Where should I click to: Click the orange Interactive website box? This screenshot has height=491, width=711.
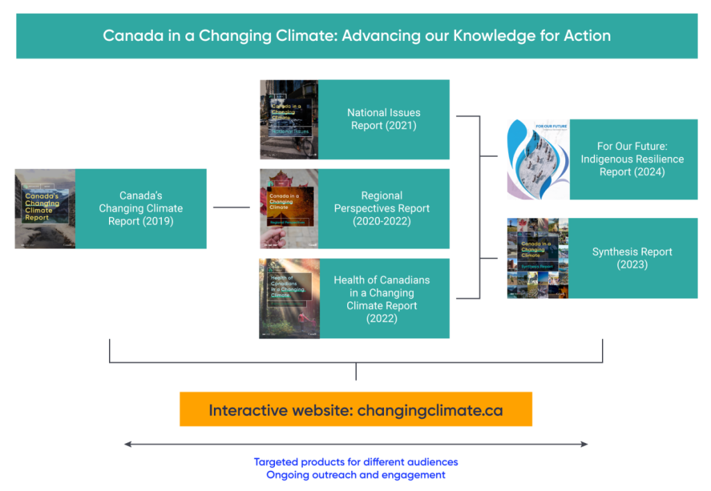tap(355, 409)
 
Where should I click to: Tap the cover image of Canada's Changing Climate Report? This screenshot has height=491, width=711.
tap(45, 208)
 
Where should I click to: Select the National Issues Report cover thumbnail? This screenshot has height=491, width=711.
tap(289, 119)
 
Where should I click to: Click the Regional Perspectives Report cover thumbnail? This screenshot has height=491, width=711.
tap(289, 208)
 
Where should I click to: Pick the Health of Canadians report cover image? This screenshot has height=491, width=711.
tap(290, 298)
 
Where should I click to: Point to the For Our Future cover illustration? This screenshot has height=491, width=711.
tap(538, 159)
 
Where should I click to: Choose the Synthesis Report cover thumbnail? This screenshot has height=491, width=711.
tap(537, 258)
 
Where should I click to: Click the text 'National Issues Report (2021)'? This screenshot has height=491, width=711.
tap(383, 119)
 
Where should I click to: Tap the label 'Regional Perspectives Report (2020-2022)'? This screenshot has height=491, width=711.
tap(382, 208)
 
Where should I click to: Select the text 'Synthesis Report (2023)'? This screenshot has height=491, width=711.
tap(632, 258)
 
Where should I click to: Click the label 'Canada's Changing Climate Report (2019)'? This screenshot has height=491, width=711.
tap(140, 208)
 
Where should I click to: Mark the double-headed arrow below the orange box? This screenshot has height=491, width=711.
tap(355, 444)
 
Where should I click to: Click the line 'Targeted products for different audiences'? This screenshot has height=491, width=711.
tap(355, 462)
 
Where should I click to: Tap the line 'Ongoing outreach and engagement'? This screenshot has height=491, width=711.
tap(355, 475)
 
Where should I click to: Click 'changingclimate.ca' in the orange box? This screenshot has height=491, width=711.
tap(430, 410)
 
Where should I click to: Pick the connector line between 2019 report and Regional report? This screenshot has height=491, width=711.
tap(231, 207)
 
